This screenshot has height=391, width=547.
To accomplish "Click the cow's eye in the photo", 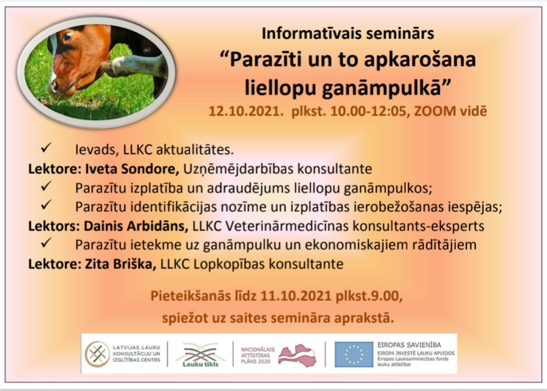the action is (68, 36).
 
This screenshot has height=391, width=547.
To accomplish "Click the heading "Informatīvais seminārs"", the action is (348, 33).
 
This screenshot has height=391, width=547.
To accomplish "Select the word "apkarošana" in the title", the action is (420, 60).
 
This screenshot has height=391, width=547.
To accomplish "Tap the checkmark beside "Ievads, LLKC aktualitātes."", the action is (46, 148).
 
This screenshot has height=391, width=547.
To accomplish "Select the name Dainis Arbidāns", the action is (136, 226).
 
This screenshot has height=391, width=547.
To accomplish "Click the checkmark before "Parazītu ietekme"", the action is (46, 243).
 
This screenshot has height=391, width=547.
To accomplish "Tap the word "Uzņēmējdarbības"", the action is (238, 169).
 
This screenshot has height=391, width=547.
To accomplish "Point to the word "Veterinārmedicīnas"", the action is (287, 226).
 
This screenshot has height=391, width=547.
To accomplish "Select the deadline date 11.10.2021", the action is (296, 296).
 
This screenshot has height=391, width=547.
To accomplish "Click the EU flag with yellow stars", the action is (354, 354).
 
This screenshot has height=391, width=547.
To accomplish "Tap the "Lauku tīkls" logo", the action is (200, 355).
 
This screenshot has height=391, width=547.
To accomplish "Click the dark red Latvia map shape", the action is (298, 355).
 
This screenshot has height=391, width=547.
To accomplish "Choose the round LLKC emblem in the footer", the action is (97, 354).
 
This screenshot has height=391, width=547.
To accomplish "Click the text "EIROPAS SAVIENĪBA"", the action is (409, 345).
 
